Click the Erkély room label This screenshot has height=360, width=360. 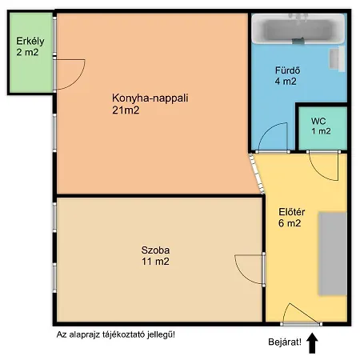coord(30,41)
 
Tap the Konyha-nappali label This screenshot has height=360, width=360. coord(150,98)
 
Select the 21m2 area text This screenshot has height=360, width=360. coord(126,110)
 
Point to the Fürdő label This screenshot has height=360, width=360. coord(288,70)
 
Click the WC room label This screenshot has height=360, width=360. coord(318,121)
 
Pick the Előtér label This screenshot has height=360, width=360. coord(292,212)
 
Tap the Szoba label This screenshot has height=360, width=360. coord(155,250)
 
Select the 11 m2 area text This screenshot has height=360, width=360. coord(155,262)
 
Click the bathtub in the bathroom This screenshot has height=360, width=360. coord(298,29)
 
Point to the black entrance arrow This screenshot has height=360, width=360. coord(312,343)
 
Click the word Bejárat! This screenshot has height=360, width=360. coord(285,342)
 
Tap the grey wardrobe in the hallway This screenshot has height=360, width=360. coord(333,254)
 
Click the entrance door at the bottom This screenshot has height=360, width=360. coord(301,324)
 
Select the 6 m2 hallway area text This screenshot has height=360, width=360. coord(290,223)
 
